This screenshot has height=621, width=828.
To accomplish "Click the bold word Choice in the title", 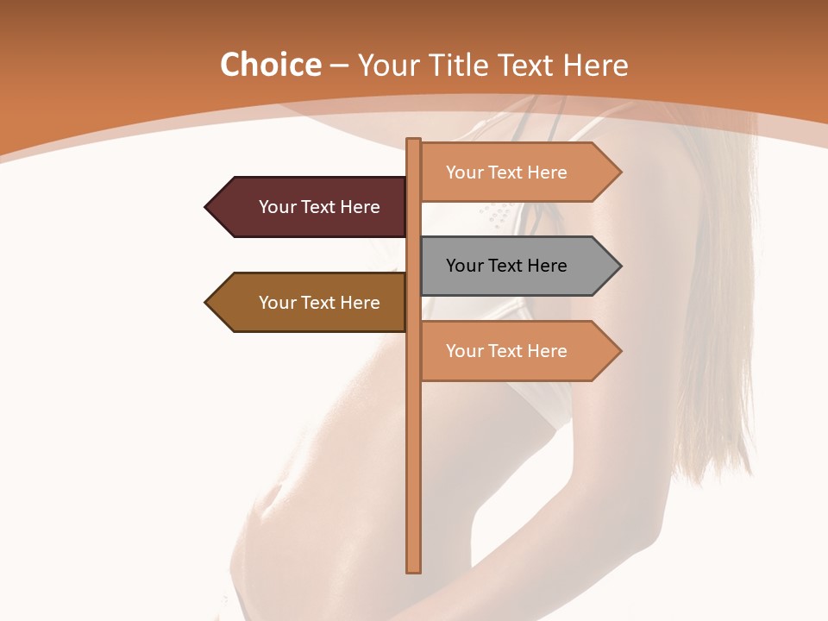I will point(270,66).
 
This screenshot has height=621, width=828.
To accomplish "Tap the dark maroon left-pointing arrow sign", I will point(310,207).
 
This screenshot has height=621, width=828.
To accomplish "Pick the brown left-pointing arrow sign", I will point(310,303).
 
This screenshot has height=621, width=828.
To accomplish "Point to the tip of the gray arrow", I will point(619,266).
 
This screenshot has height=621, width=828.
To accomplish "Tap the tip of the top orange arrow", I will point(619,172).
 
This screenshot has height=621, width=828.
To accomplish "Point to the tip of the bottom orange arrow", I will point(619,351).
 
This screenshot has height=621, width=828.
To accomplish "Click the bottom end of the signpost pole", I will point(414,569).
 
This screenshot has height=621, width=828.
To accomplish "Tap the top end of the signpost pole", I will point(414,141).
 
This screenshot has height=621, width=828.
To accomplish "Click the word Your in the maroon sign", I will point(278,207).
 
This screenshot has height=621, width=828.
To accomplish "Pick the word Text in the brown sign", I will point(319,303).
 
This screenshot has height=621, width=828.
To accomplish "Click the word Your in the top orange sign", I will point(465,172).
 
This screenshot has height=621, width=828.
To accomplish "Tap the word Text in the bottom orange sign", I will point(505,351).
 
